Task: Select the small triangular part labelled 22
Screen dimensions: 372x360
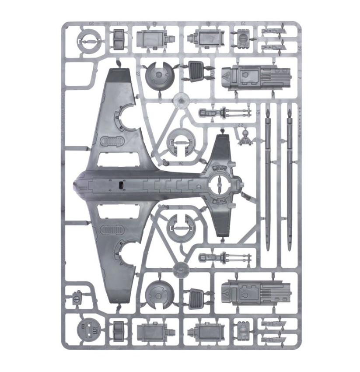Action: [244, 138]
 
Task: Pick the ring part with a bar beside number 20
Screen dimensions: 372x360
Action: [87, 41]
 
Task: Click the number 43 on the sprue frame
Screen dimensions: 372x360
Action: [155, 25]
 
